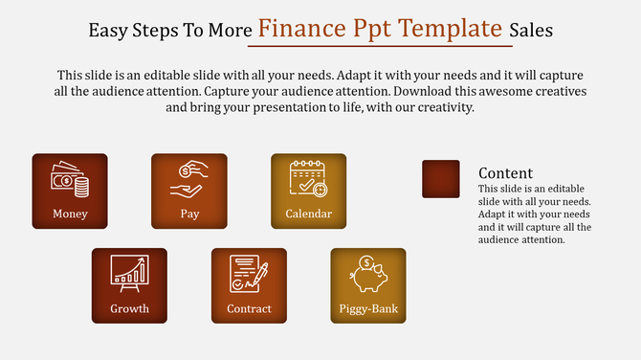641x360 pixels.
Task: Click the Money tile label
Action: point(70,214)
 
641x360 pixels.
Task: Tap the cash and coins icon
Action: point(70,179)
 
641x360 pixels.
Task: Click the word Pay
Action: point(189,214)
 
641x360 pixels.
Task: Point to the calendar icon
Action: point(309,179)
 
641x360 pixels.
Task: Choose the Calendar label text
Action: point(309,214)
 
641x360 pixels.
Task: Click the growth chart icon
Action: point(129,273)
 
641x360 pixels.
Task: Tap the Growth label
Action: point(129,308)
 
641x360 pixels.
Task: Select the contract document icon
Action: point(249,273)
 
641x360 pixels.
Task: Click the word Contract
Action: point(249,308)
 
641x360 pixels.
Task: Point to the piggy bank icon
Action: point(368,273)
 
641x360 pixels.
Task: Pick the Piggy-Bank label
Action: point(368,308)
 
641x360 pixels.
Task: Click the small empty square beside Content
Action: point(441,179)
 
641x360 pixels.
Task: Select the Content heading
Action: point(505,172)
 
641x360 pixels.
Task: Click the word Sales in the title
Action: point(530,30)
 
